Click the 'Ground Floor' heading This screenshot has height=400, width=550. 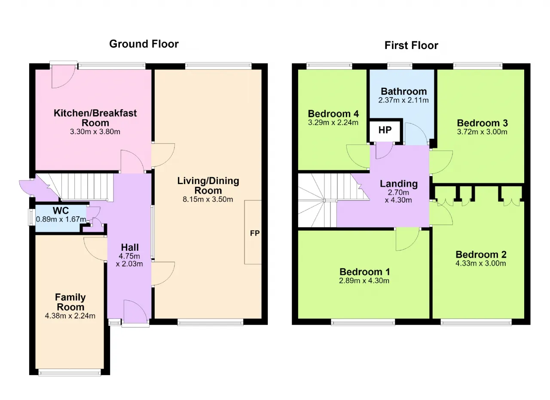pyautogui.click(x=144, y=44)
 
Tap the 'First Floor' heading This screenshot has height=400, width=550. pyautogui.click(x=411, y=46)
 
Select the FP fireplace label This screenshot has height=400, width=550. pyautogui.click(x=255, y=233)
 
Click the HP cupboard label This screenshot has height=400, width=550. pyautogui.click(x=385, y=130)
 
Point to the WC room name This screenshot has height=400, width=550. pyautogui.click(x=61, y=211)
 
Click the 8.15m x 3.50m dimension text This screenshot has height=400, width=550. pyautogui.click(x=208, y=199)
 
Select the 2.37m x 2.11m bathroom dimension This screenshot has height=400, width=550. pyautogui.click(x=403, y=100)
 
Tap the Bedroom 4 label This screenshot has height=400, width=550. pyautogui.click(x=333, y=114)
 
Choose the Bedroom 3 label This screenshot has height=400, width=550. pyautogui.click(x=482, y=123)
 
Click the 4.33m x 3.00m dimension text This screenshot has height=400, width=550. pyautogui.click(x=481, y=263)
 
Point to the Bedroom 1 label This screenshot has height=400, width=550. pyautogui.click(x=365, y=272)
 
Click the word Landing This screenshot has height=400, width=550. pyautogui.click(x=399, y=184)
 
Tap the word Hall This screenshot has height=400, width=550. pyautogui.click(x=130, y=247)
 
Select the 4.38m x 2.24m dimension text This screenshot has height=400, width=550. pyautogui.click(x=70, y=316)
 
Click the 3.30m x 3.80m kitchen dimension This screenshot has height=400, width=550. pyautogui.click(x=95, y=132)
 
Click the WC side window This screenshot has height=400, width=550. pyautogui.click(x=31, y=217)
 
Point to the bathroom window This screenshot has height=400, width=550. pyautogui.click(x=400, y=65)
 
